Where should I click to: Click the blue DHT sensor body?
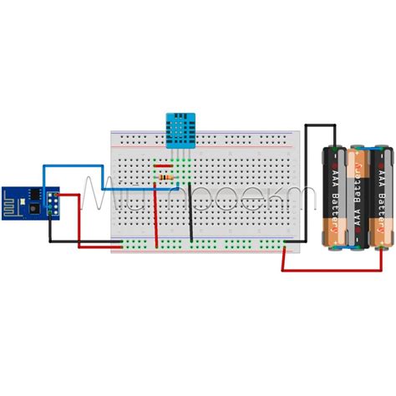click(x=180, y=129)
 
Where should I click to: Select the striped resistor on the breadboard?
click(x=165, y=177)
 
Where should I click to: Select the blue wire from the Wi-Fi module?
click(x=75, y=166)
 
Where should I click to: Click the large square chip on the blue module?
click(x=35, y=198)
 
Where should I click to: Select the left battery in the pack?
click(x=336, y=197)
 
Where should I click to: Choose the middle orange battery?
click(x=360, y=199)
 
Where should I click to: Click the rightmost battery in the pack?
click(x=383, y=197)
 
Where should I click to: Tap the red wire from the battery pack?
click(x=334, y=270)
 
